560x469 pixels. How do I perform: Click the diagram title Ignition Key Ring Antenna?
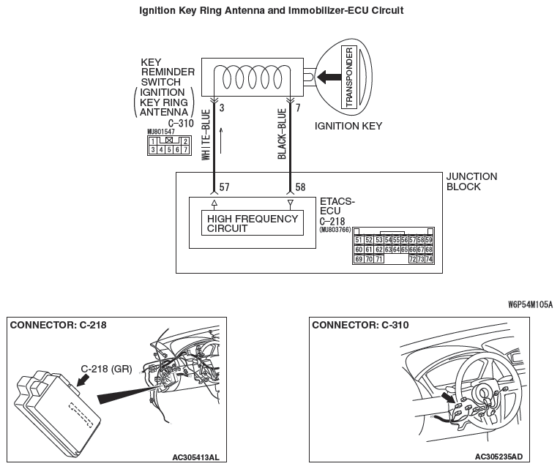[x=270, y=11]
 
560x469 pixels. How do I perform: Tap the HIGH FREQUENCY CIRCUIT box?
[x=253, y=223]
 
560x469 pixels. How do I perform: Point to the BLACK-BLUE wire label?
[x=283, y=134]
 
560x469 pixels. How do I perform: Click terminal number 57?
[x=225, y=188]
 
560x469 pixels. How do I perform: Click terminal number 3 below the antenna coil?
[x=222, y=108]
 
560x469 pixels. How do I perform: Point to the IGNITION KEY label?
[x=348, y=126]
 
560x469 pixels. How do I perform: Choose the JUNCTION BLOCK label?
[x=471, y=181]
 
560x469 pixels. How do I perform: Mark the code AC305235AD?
[x=498, y=457]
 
